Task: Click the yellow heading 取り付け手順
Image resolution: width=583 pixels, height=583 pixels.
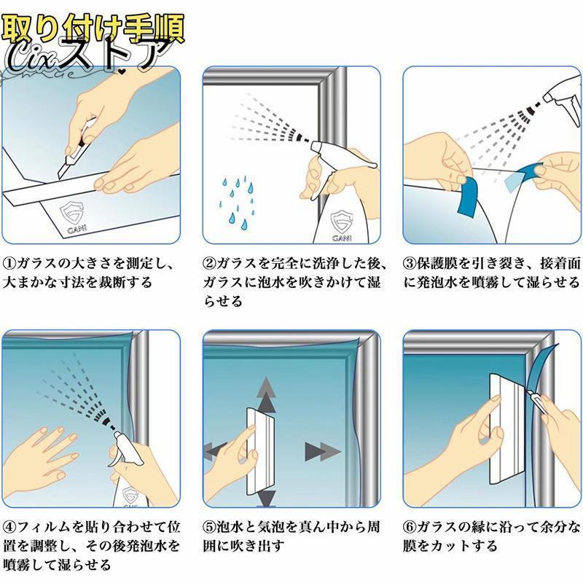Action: (x=93, y=28)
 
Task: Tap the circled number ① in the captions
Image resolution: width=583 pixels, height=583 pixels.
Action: (x=9, y=264)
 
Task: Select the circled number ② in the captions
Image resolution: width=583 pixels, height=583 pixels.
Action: (x=209, y=264)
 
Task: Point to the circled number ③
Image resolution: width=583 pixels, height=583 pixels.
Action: (x=410, y=264)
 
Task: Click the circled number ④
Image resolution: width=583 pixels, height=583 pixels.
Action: (x=9, y=526)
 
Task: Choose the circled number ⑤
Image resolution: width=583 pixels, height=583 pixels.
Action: (x=209, y=526)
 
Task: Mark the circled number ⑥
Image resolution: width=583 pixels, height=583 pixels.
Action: (x=410, y=526)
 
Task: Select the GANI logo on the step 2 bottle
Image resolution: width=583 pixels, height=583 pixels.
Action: (x=342, y=226)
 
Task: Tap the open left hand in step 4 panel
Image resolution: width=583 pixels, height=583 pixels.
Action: (x=43, y=455)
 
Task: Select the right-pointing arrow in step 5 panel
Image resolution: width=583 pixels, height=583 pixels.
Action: (x=322, y=452)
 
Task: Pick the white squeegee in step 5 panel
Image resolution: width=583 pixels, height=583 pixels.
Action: (x=260, y=452)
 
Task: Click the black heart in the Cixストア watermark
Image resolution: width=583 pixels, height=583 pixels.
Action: (x=121, y=71)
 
